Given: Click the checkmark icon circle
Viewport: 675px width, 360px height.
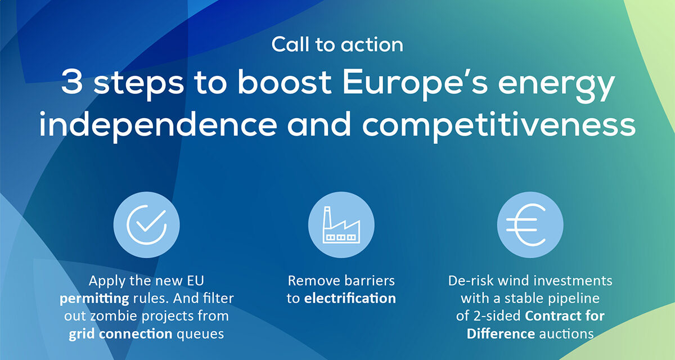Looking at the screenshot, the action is click(146, 225).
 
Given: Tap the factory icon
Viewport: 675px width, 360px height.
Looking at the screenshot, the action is click(341, 225).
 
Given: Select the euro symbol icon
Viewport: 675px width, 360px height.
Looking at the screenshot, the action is click(526, 225).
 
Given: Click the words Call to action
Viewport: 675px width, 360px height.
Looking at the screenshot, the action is click(337, 44).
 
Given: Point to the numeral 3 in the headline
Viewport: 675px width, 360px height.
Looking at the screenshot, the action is click(72, 82).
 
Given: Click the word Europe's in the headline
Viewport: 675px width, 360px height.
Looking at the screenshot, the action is click(415, 82).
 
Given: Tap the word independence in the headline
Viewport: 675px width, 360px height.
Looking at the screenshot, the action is click(158, 125).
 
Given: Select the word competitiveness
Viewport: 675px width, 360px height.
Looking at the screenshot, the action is click(499, 125).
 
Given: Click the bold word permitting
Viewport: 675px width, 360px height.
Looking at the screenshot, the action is click(94, 299).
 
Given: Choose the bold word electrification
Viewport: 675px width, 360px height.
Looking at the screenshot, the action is click(350, 298).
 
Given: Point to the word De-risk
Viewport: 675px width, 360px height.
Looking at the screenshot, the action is click(471, 281).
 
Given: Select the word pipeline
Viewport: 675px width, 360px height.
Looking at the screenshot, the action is click(574, 299).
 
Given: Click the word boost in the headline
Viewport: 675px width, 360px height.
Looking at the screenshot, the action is click(284, 82).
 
